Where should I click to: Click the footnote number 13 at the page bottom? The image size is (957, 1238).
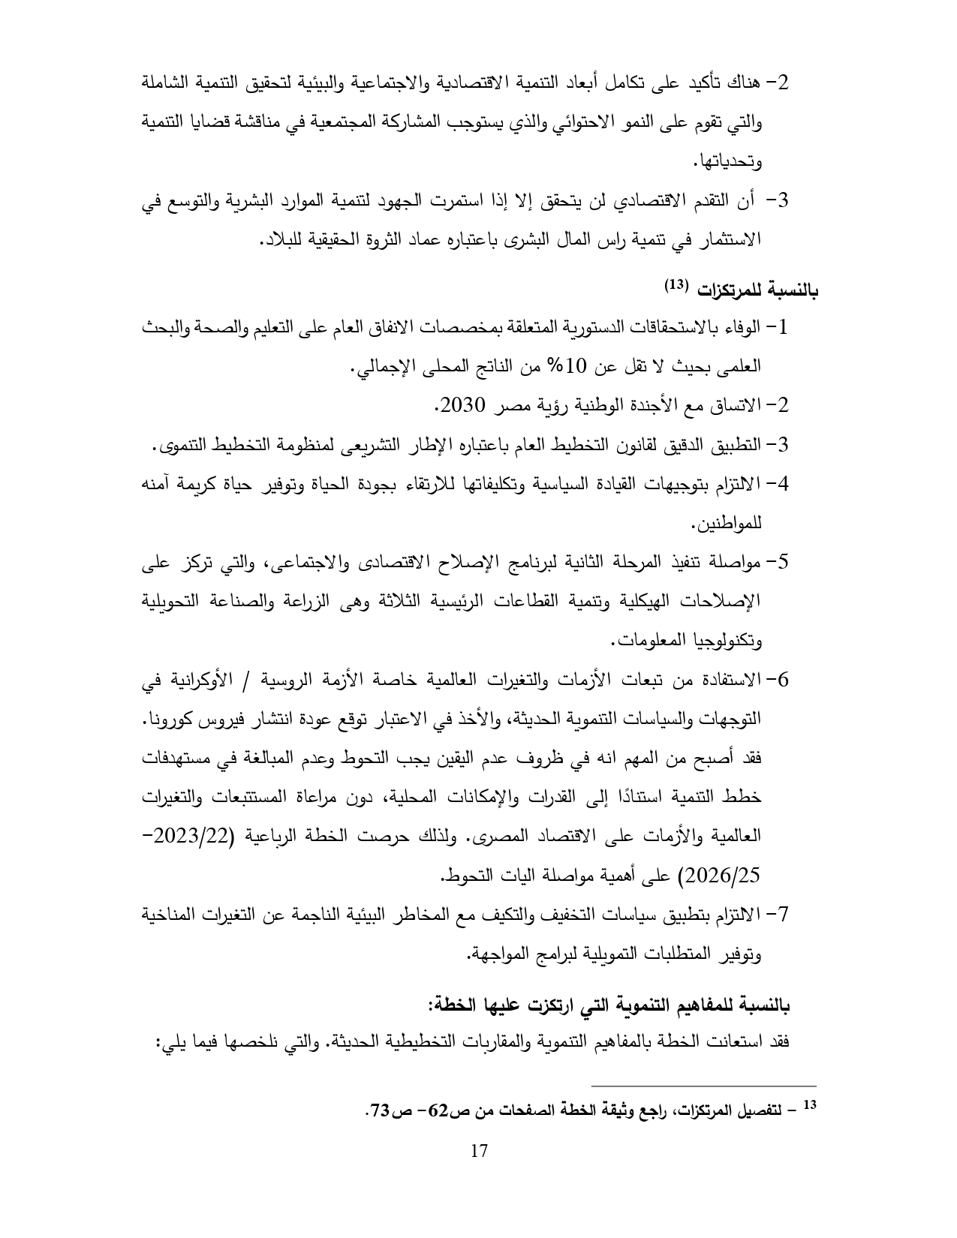point(809,1105)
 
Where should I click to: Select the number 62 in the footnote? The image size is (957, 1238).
point(438,1110)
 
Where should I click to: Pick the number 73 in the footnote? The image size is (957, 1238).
point(377,1110)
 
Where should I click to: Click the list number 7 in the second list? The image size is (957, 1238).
point(784,914)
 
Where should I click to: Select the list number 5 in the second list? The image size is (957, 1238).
point(784,562)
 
